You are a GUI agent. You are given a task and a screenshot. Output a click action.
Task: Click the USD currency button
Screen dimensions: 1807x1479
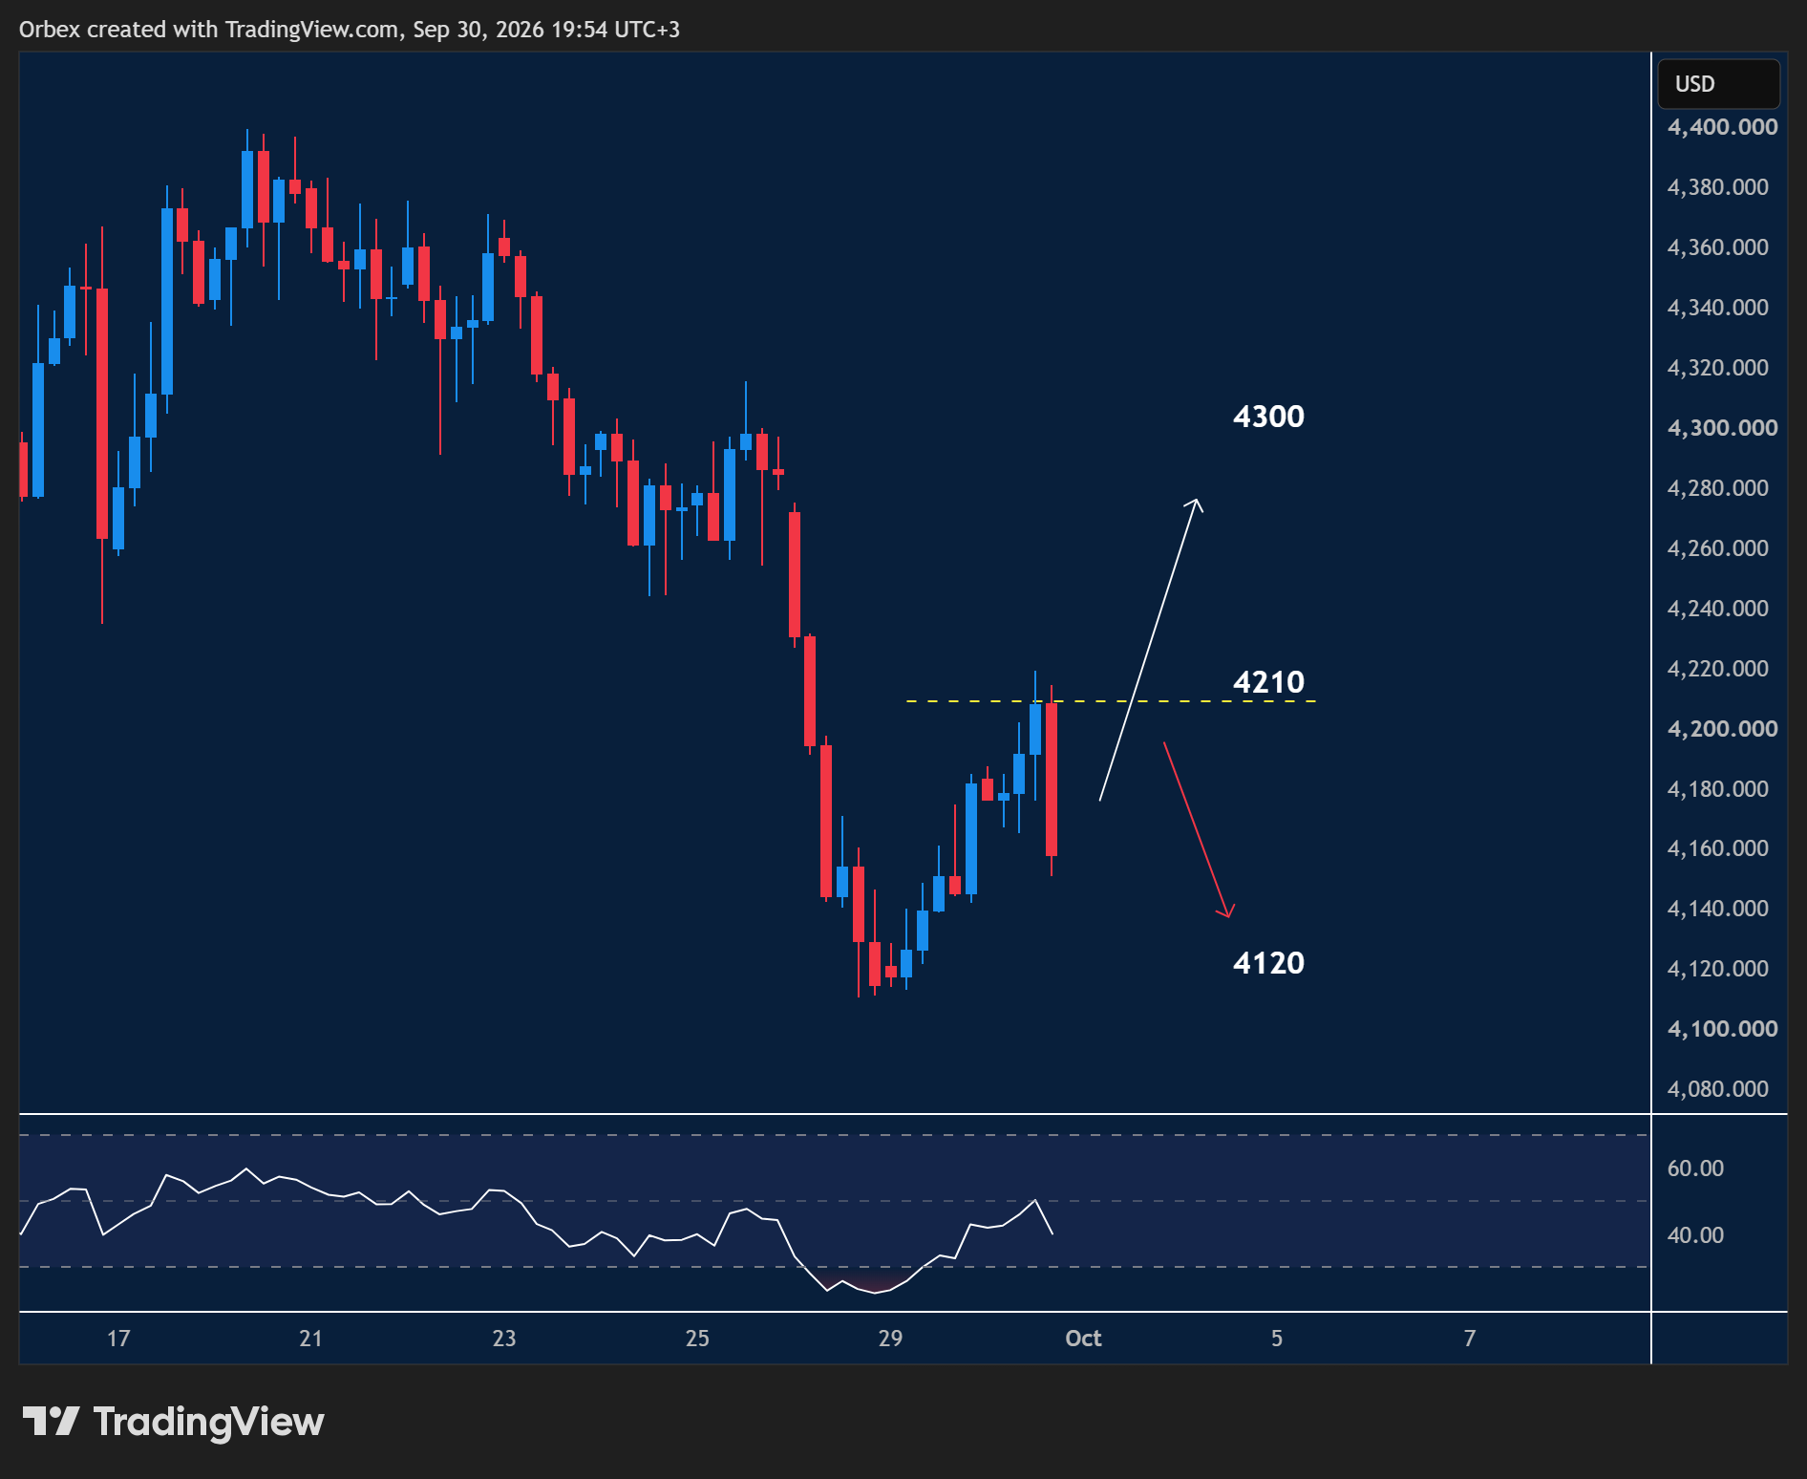click(x=1718, y=84)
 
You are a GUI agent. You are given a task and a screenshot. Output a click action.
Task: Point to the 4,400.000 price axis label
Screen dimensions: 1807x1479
click(x=1722, y=127)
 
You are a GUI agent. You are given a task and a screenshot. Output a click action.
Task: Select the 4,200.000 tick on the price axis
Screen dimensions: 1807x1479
click(x=1722, y=729)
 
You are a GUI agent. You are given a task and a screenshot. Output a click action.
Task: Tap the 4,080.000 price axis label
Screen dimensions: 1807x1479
click(x=1717, y=1089)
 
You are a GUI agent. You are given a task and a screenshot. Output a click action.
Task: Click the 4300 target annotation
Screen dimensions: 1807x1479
click(x=1268, y=417)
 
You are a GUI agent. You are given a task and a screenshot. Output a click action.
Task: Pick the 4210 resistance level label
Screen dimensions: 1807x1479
click(x=1268, y=682)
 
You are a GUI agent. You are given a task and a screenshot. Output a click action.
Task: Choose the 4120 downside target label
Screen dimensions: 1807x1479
click(x=1268, y=963)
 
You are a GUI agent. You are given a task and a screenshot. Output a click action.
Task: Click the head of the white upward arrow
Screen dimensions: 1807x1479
click(x=1196, y=500)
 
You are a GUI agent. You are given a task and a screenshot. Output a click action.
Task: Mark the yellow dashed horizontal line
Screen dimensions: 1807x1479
click(x=1111, y=701)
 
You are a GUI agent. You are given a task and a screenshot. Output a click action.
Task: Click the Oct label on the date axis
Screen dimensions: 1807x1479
click(x=1083, y=1339)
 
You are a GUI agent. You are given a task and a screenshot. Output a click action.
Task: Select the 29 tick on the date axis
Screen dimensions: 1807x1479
click(x=890, y=1339)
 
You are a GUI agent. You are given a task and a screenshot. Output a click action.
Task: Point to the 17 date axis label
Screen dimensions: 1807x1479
click(x=118, y=1339)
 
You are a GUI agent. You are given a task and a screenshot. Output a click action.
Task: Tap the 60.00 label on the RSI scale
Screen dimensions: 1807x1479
click(x=1695, y=1168)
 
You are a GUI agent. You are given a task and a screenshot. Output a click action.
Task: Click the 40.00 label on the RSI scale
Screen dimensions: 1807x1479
click(x=1695, y=1235)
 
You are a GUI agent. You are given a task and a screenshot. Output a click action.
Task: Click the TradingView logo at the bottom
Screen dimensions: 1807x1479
click(x=174, y=1422)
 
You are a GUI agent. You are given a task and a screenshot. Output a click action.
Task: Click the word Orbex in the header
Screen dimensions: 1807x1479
click(x=50, y=30)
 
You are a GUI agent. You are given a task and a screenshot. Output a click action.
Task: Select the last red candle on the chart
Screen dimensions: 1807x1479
click(x=1052, y=780)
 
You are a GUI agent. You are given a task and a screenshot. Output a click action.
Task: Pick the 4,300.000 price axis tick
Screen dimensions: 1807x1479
click(x=1722, y=428)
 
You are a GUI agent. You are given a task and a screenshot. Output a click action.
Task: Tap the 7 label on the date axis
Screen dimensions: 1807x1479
click(x=1470, y=1339)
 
